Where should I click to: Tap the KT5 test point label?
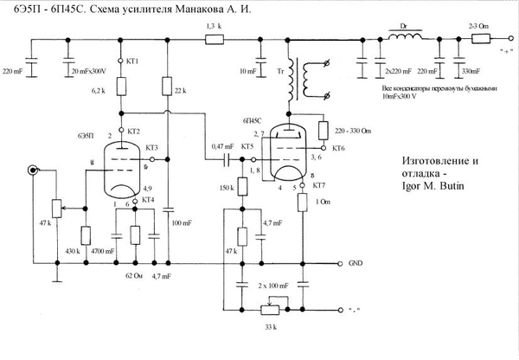pos(247,148)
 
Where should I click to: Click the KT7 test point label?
pos(319,186)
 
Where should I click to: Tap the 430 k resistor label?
pos(74,251)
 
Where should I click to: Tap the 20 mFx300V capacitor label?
pos(91,70)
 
